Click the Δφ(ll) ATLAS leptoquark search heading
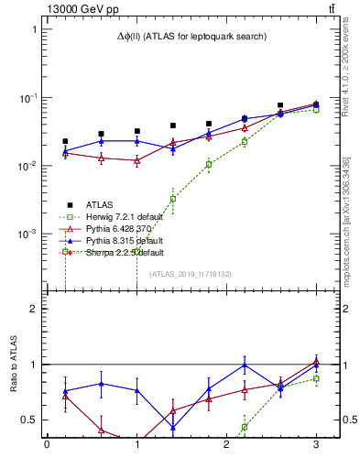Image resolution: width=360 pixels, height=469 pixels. [x=191, y=37]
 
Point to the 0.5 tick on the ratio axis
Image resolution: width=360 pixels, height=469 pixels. [x=30, y=420]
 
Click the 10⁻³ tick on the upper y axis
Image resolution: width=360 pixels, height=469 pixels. [x=27, y=234]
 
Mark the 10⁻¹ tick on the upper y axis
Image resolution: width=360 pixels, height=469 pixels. [x=27, y=98]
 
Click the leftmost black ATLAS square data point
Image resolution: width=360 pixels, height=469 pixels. [x=65, y=141]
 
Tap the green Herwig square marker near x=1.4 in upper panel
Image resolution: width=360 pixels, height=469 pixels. [x=172, y=198]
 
